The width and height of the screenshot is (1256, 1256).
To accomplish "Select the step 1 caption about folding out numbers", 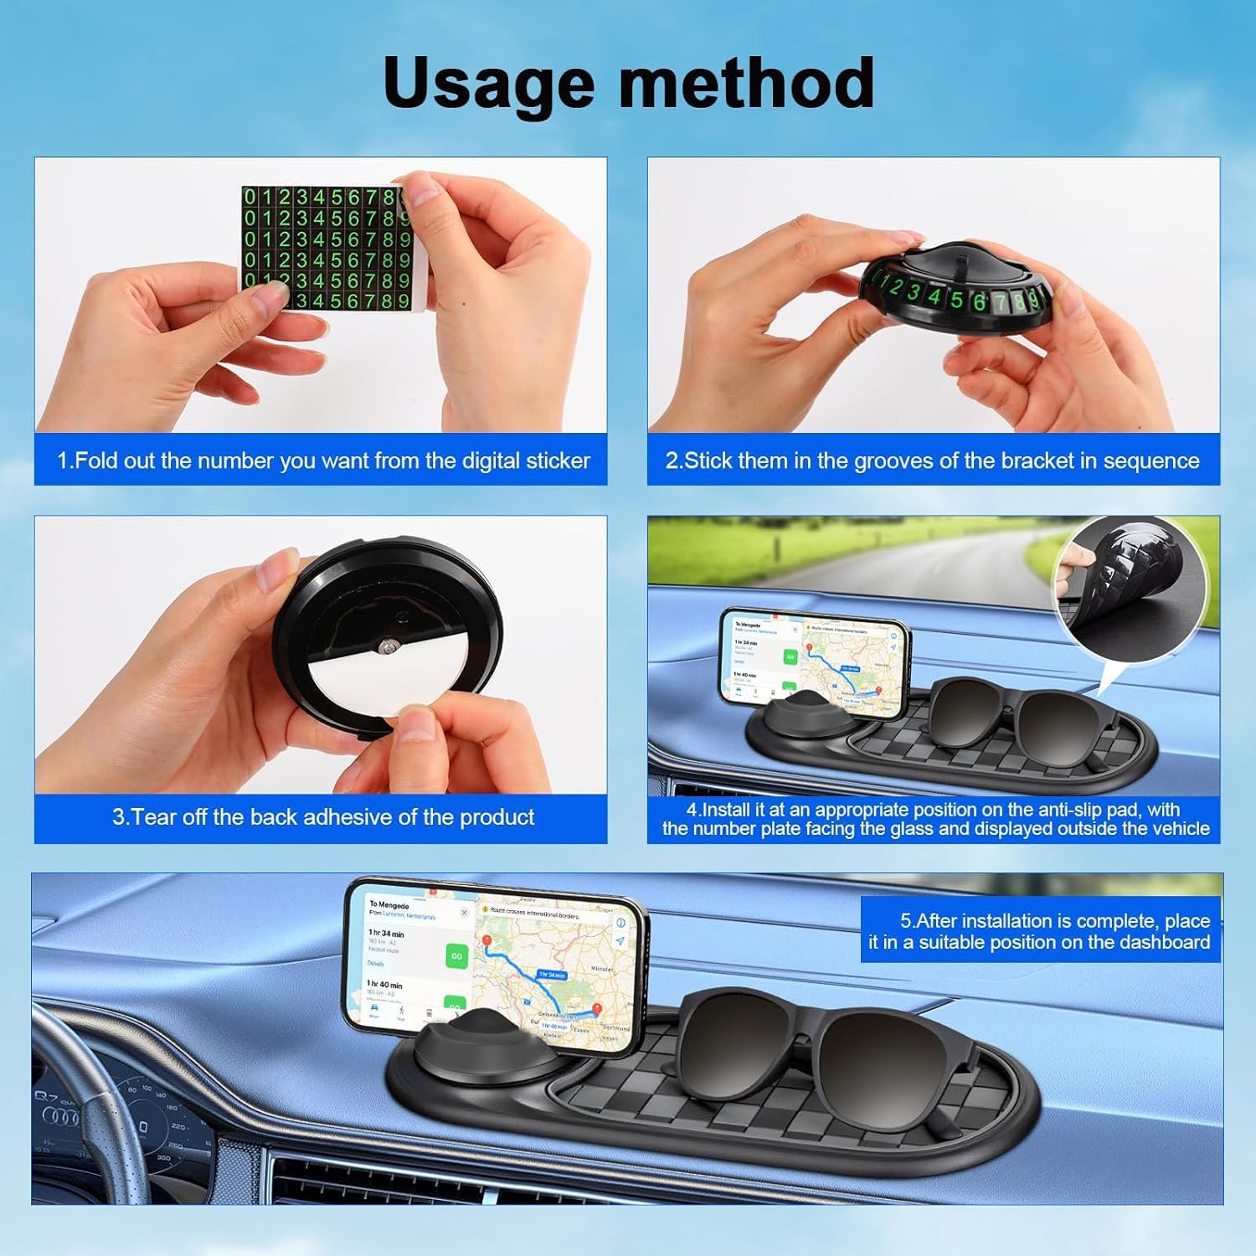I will (x=323, y=461).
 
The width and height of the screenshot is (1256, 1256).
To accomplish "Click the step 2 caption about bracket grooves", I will (x=932, y=461).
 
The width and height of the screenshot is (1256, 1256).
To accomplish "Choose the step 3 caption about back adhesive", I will (x=323, y=817).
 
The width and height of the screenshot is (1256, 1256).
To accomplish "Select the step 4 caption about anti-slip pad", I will (x=935, y=819).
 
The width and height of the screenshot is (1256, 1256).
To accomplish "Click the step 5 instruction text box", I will (x=1040, y=931).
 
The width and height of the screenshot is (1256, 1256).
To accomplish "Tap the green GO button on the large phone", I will (x=456, y=955).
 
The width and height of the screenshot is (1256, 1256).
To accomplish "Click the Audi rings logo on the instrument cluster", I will (x=60, y=1117).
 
